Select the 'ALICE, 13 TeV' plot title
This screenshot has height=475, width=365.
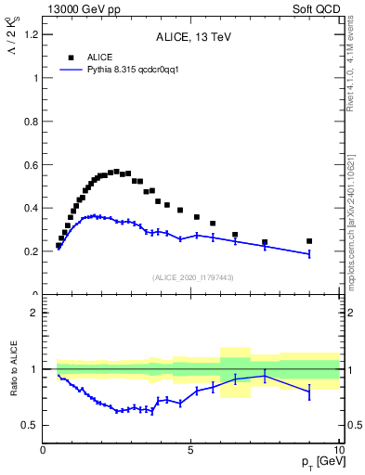[x=193, y=37]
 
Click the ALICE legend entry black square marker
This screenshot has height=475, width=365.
[x=71, y=57]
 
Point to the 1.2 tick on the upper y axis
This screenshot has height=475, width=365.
[x=30, y=35]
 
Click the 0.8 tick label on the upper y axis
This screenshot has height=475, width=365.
[x=30, y=122]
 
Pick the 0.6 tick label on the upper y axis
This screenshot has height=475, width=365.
[x=30, y=165]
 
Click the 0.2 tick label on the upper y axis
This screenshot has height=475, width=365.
[x=30, y=251]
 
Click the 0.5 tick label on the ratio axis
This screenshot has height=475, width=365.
[x=32, y=426]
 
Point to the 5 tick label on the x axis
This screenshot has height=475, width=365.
[x=190, y=450]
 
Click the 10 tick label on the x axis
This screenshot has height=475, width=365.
[x=337, y=450]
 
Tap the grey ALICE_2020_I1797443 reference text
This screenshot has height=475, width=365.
[x=193, y=278]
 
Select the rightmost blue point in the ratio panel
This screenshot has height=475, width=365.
[x=309, y=392]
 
